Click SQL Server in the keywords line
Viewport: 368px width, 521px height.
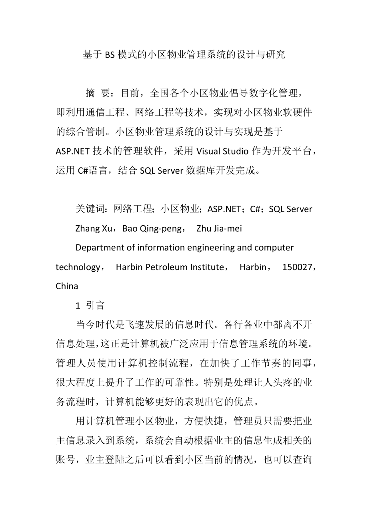click(291, 209)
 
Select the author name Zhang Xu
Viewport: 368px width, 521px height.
click(94, 228)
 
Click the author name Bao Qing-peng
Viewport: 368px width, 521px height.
click(151, 228)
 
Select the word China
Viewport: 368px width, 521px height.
click(67, 286)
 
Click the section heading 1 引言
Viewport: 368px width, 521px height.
click(90, 305)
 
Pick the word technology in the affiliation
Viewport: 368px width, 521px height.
click(78, 267)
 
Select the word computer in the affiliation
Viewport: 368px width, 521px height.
click(274, 248)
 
